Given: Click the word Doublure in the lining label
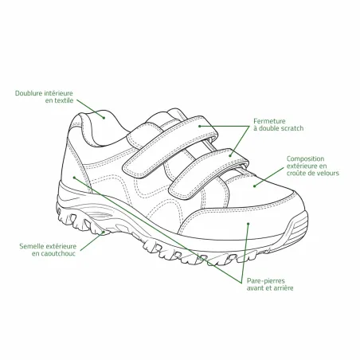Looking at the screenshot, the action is pos(29,93).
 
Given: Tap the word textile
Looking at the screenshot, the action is pos(64,100).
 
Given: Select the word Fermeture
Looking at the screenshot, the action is pos(269,121).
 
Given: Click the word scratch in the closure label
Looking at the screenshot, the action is pos(292,128).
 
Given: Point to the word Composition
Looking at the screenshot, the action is pos(305,158).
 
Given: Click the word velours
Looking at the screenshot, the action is pos(328,173).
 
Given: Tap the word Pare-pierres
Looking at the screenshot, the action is pos(266,281).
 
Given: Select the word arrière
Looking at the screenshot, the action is pos(284,288).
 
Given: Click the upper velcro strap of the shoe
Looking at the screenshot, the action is pos(170,147).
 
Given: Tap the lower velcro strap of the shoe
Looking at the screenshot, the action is pos(209,174).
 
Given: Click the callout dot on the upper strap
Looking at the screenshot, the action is pos(200,126).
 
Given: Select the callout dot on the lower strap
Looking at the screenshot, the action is pos(231,155).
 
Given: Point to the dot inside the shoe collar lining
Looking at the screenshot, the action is pos(104,118).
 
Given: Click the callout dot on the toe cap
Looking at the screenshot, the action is pos(248,224).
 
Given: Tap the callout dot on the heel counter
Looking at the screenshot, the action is pos(74,178).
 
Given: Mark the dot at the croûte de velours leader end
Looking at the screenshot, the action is pos(254,186).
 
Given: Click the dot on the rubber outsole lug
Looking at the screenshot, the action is pos(104,232).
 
